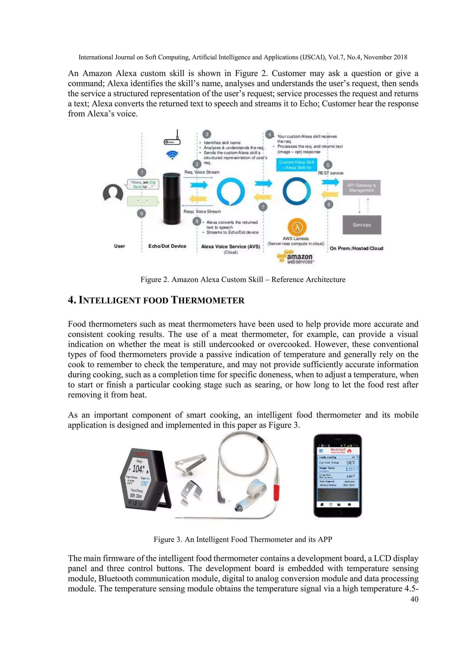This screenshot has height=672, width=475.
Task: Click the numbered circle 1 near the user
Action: (142, 172)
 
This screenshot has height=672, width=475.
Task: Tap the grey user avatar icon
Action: (113, 193)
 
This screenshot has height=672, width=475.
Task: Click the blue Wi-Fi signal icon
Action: (172, 155)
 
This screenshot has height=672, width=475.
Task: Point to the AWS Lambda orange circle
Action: (297, 227)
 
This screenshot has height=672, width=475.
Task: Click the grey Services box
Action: (362, 225)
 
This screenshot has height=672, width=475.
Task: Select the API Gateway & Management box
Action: (362, 188)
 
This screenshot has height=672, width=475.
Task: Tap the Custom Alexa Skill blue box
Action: (296, 165)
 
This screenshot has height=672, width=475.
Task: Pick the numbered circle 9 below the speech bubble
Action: (141, 213)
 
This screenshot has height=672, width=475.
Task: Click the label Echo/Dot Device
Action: (167, 246)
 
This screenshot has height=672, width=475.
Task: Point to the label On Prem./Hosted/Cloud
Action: (356, 248)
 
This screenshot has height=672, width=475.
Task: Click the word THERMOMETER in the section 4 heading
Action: (207, 300)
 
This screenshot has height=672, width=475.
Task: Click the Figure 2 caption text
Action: (243, 280)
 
